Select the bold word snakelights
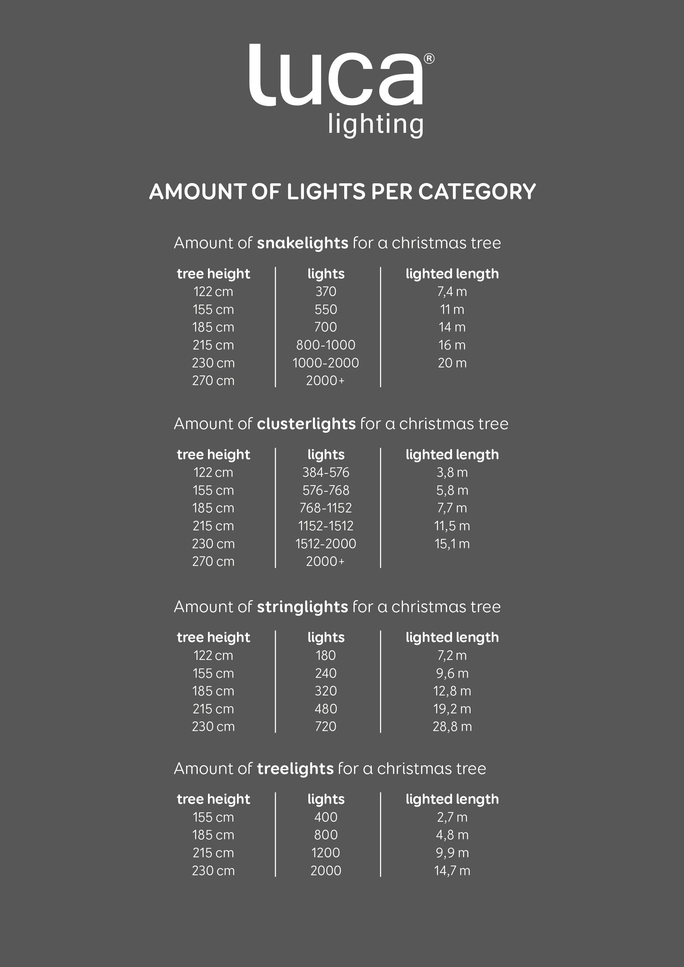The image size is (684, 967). [303, 243]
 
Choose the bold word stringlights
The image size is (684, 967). [303, 607]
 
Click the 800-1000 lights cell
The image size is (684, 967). [326, 345]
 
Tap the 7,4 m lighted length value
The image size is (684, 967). [452, 291]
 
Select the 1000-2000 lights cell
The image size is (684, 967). [326, 363]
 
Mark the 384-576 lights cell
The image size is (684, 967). [326, 472]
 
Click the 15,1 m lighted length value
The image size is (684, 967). [452, 544]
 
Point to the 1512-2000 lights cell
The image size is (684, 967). [326, 544]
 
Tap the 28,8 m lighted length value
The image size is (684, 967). [452, 727]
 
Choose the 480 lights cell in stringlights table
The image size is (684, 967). [326, 709]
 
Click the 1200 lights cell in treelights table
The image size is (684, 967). [326, 853]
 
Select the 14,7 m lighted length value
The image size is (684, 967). [452, 871]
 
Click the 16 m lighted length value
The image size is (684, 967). [452, 345]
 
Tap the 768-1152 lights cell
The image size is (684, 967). [326, 508]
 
